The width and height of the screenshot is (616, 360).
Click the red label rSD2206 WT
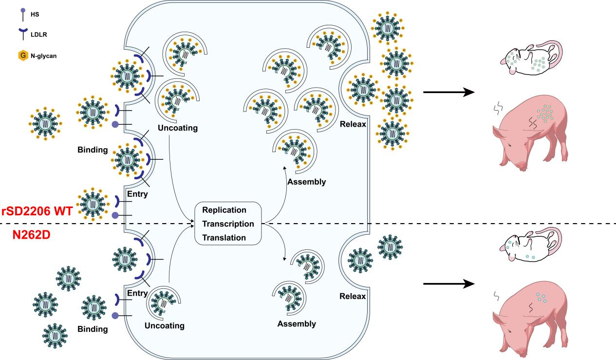click(x=37, y=211)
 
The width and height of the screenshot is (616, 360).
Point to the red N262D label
click(x=32, y=235)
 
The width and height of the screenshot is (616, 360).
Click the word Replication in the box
click(x=224, y=210)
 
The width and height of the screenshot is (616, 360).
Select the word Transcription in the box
click(x=228, y=224)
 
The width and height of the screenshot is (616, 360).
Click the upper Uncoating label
click(x=177, y=128)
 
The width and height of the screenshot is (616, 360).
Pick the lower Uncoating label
click(x=165, y=325)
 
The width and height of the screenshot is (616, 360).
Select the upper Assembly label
click(x=307, y=182)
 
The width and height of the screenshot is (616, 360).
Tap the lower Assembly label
click(x=297, y=323)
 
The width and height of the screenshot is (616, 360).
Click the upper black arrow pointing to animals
click(x=448, y=92)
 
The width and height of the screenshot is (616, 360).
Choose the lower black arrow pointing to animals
click(x=448, y=284)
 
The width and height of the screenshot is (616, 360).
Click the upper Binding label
click(x=92, y=150)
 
